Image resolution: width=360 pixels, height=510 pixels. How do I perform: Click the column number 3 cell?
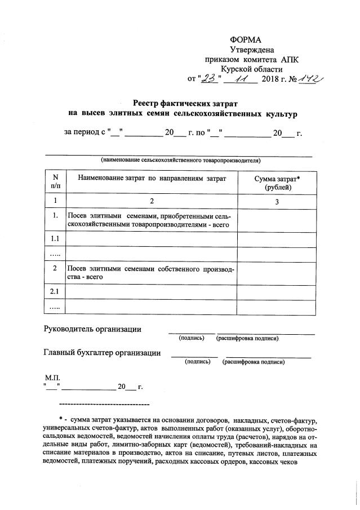(277, 201)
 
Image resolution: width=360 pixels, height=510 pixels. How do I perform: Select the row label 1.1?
(55, 239)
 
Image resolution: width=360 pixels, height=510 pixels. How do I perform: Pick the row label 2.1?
(55, 291)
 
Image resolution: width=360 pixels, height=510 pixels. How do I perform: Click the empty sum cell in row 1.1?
(277, 239)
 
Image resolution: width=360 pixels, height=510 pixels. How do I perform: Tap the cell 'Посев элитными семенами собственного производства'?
(151, 273)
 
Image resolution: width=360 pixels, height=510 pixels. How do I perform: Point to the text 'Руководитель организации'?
(92, 329)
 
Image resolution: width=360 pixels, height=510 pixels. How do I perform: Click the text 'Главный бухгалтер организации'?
(101, 353)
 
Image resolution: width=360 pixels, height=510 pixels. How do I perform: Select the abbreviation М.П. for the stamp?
(51, 376)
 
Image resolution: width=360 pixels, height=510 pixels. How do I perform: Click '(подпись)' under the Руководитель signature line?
(192, 338)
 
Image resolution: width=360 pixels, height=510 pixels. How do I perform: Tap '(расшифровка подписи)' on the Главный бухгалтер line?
(254, 362)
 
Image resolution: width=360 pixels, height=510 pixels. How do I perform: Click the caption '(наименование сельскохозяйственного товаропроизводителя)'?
(180, 160)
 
